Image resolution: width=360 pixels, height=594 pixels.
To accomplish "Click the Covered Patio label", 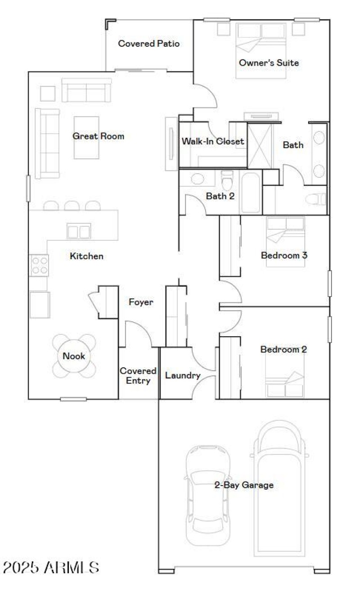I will click(148, 44).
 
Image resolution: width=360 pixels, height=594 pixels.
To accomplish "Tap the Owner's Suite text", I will click(269, 63).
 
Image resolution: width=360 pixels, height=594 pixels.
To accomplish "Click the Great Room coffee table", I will click(86, 137).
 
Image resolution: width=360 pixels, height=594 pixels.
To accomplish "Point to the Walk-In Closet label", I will click(213, 141).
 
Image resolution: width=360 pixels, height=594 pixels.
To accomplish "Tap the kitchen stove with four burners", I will click(39, 265).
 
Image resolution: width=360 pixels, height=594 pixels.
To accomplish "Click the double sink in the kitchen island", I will click(79, 231).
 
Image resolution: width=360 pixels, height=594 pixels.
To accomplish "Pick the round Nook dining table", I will click(74, 356).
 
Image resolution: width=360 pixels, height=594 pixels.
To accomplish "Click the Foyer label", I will click(141, 302).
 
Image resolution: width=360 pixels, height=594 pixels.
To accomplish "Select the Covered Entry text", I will click(138, 376).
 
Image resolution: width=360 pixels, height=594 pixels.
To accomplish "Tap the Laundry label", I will click(183, 375).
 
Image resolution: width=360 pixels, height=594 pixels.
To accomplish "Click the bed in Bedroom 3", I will click(285, 241).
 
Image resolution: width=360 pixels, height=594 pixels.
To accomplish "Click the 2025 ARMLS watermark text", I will click(51, 567).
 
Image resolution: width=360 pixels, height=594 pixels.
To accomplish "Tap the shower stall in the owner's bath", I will click(261, 145).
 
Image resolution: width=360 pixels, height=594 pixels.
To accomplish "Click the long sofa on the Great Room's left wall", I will click(47, 143).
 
